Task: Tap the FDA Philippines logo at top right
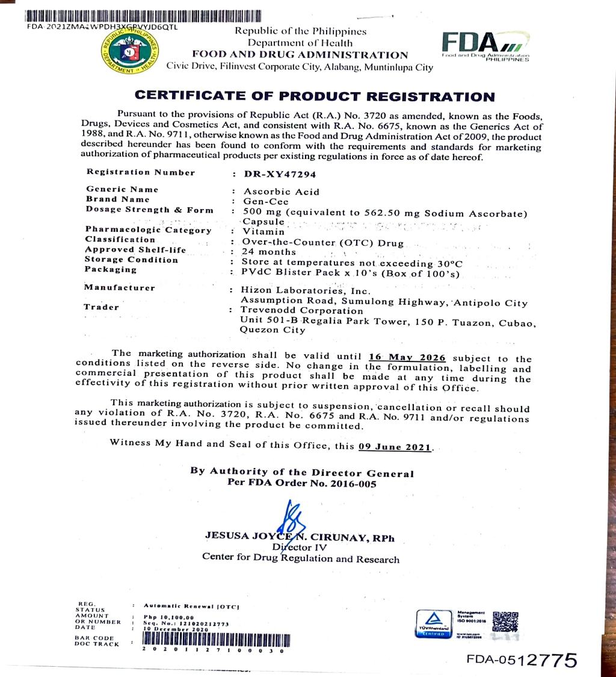(485, 45)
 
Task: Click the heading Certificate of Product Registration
(315, 96)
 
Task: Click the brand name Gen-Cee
(263, 201)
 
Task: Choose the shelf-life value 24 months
(269, 252)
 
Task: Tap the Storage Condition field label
(132, 260)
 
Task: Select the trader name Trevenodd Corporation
(301, 311)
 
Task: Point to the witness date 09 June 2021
(395, 447)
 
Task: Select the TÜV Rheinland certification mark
(434, 623)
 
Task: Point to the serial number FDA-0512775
(522, 660)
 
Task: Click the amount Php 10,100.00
(169, 617)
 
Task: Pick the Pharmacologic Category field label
(149, 230)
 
